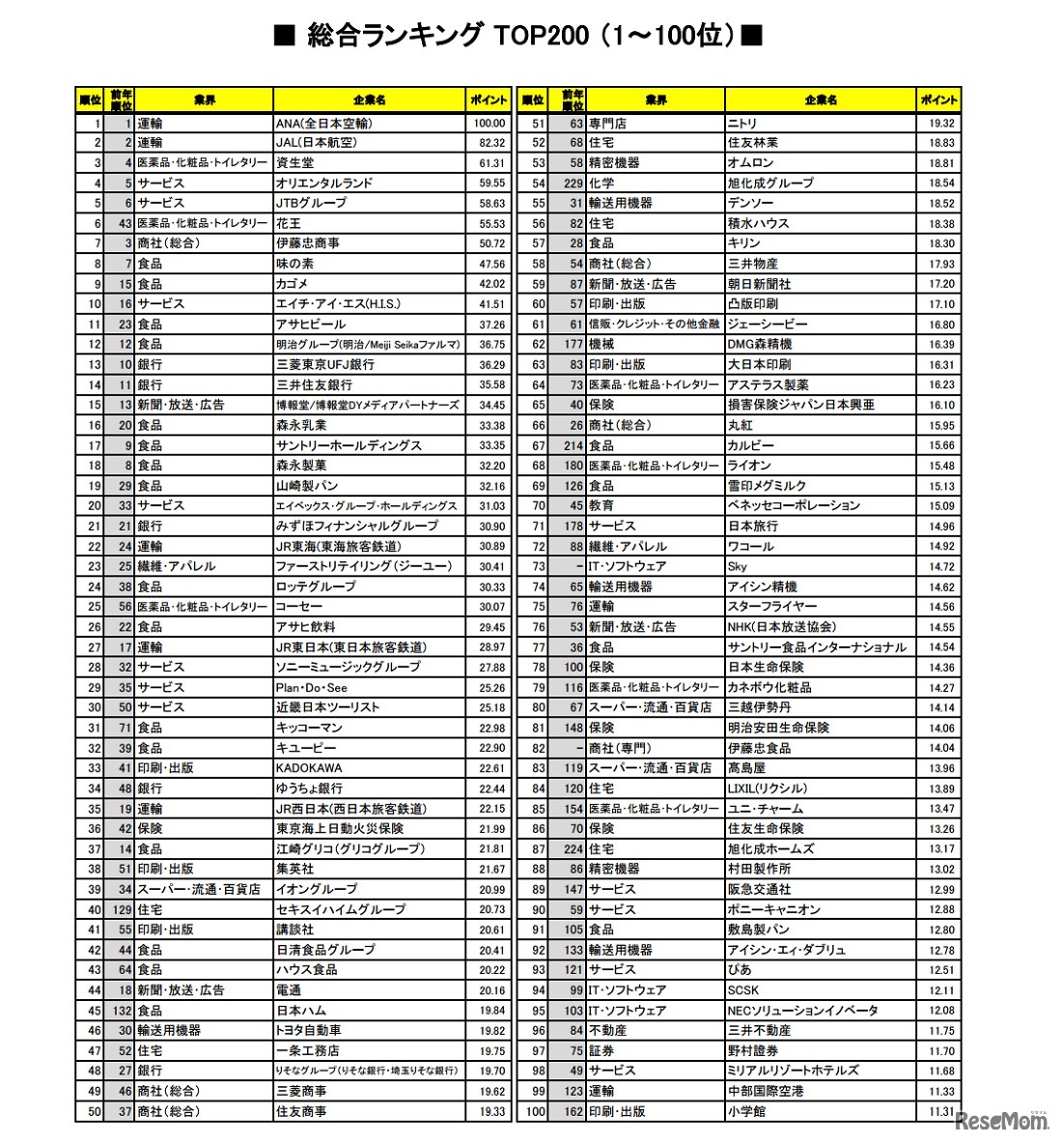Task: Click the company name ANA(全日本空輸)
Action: coord(324,123)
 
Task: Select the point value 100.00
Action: coord(489,123)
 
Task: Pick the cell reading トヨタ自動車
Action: coord(309,1030)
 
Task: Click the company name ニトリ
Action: coord(742,123)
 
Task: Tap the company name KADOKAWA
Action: coord(309,768)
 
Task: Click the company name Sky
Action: coord(738,566)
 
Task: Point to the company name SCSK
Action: coord(743,989)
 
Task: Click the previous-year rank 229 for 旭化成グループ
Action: coord(573,183)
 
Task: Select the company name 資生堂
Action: coord(295,163)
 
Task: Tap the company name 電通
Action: coord(289,989)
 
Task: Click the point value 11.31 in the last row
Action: coord(941,1111)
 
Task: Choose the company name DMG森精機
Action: coord(760,344)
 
